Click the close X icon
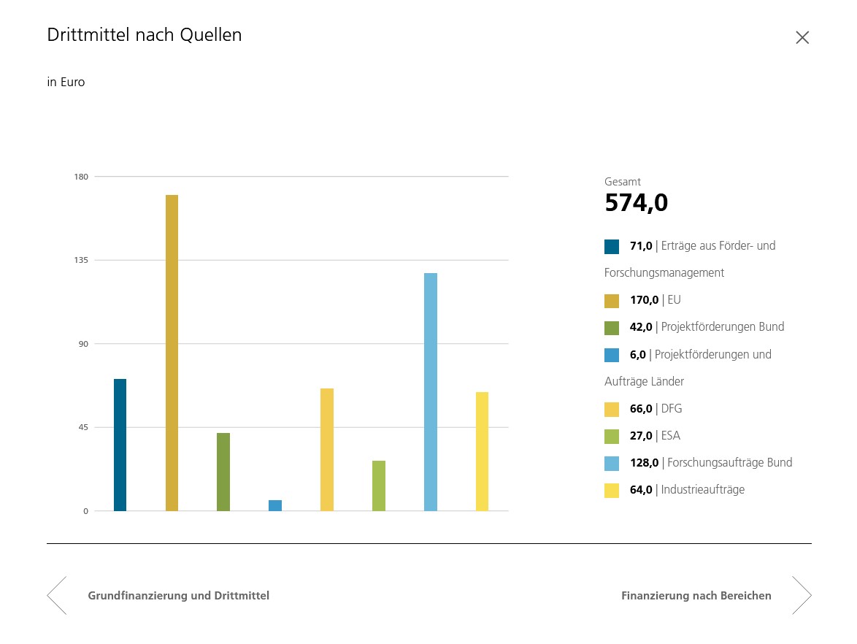[x=802, y=38]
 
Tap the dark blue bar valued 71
[x=120, y=445]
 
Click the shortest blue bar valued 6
[x=275, y=505]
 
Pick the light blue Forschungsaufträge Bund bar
[x=431, y=392]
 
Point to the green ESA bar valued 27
[x=379, y=486]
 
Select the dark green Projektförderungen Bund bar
[x=223, y=472]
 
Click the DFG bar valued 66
[x=327, y=450]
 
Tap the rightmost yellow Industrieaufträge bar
[x=482, y=451]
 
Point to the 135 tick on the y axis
[x=80, y=260]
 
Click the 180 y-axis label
[x=80, y=177]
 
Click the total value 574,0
[x=636, y=203]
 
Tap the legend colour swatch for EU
[x=612, y=300]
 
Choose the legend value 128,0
[x=644, y=462]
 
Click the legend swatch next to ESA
[x=612, y=436]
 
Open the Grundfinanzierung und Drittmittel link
[x=179, y=596]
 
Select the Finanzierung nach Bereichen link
[x=696, y=596]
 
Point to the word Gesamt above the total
[x=623, y=182]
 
